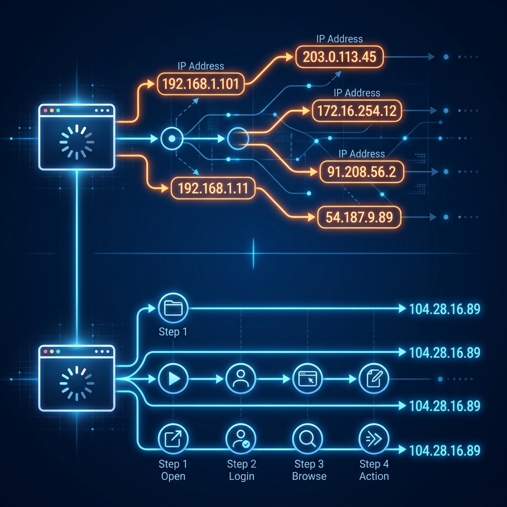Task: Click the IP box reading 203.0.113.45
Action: point(340,57)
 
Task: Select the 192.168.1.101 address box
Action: point(201,84)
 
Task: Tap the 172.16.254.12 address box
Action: point(357,111)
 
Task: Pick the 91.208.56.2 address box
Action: point(361,172)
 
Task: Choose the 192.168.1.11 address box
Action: point(213,188)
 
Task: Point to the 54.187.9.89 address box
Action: point(359,217)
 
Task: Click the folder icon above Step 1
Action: point(173,308)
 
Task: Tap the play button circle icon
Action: point(173,378)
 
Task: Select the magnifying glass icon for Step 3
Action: point(307,439)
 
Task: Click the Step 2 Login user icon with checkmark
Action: point(241,439)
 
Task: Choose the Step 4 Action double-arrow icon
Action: point(374,439)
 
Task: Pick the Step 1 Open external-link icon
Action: point(173,439)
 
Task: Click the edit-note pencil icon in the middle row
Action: point(374,378)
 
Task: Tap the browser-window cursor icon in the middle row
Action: point(307,378)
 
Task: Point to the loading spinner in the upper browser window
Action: point(77,142)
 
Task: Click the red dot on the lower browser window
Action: point(45,352)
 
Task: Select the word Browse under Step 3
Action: point(309,476)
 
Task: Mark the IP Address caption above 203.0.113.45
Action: point(340,39)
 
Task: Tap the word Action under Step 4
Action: point(374,476)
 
